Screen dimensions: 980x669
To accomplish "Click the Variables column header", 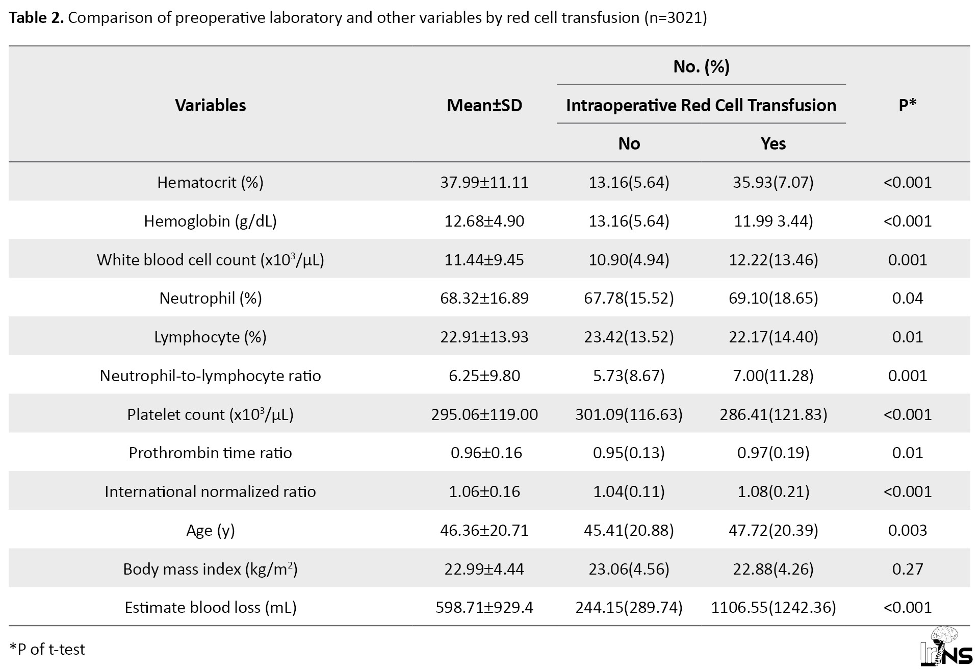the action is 211,105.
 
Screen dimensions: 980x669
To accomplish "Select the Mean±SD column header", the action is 484,105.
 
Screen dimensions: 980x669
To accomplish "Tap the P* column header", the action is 908,105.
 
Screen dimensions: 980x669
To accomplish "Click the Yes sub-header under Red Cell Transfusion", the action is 773,143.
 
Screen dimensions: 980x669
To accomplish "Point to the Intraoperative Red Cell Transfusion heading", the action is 701,105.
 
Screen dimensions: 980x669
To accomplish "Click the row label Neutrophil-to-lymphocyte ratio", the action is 211,376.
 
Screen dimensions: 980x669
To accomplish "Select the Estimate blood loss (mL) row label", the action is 211,607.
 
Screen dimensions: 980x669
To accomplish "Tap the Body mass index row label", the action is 211,568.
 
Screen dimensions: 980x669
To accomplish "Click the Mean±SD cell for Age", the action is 484,530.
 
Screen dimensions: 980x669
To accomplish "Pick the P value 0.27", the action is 908,569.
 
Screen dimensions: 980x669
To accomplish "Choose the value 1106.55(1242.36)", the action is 773,607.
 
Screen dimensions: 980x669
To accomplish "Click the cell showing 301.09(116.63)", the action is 629,414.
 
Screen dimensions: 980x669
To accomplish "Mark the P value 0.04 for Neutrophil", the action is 908,298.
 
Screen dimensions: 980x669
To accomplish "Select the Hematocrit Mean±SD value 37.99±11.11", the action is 484,182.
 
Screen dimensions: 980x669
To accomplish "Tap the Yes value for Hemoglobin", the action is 773,221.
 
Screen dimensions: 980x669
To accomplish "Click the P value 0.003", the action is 908,530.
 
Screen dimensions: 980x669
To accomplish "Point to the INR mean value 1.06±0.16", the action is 484,491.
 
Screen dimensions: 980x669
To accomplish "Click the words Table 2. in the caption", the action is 37,18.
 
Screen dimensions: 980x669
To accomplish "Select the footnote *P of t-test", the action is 47,649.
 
